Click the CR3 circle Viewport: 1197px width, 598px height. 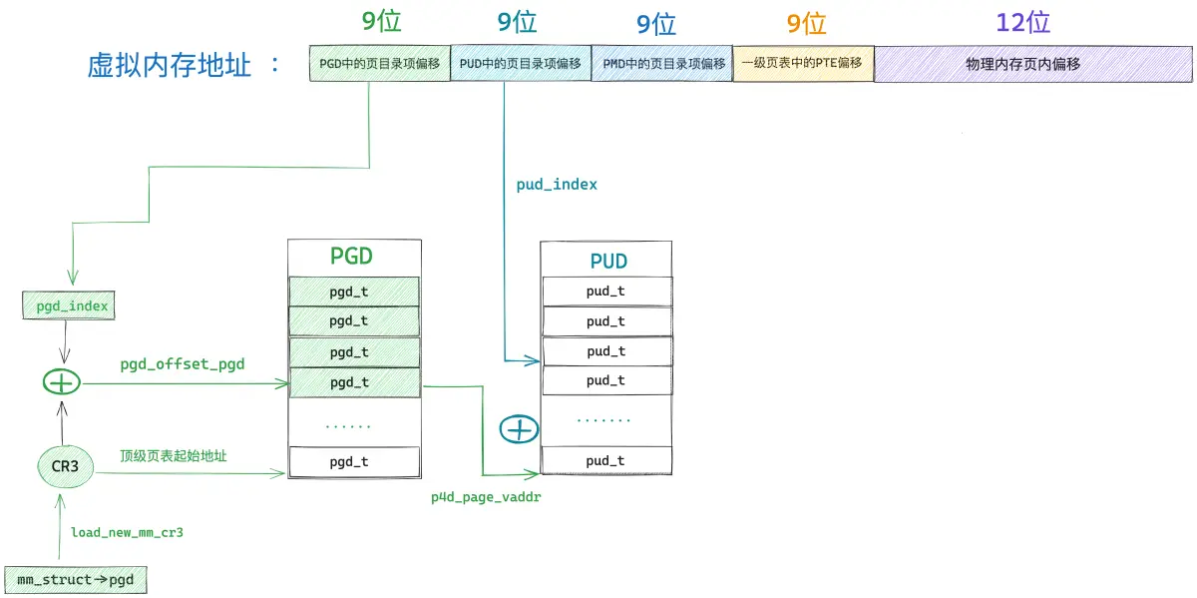(65, 466)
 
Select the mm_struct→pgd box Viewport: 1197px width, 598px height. (76, 580)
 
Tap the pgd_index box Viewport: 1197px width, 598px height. (69, 305)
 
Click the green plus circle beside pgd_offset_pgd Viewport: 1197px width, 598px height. (62, 382)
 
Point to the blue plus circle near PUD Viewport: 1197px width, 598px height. (519, 429)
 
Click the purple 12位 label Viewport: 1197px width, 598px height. (1022, 23)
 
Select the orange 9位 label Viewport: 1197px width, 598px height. (806, 24)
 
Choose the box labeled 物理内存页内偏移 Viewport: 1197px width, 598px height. (1033, 64)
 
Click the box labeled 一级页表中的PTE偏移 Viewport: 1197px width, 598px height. (803, 63)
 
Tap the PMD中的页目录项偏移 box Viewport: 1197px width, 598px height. (661, 64)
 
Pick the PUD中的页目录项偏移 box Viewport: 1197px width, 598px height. (521, 63)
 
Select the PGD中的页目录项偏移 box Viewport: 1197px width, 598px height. (379, 63)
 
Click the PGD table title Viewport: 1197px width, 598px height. (351, 257)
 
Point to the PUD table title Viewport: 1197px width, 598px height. (608, 261)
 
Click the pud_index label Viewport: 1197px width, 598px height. (557, 185)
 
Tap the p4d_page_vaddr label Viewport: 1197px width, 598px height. (486, 497)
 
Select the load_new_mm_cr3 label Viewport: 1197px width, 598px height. (128, 532)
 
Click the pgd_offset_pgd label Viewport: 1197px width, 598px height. (183, 364)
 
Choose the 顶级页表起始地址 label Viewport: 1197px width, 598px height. (174, 455)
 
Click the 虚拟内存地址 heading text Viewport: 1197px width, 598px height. (169, 65)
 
